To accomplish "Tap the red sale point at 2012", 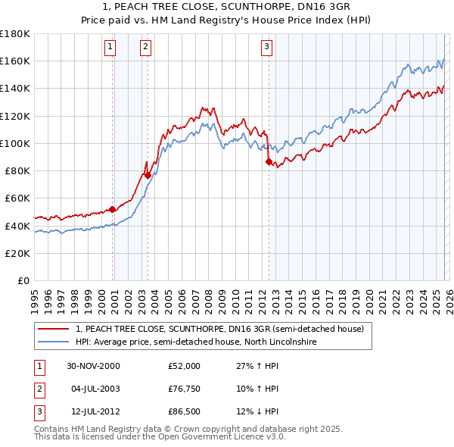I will [269, 161].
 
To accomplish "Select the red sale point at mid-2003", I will [148, 175].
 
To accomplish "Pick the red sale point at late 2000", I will [113, 209].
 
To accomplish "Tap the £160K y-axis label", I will [15, 61].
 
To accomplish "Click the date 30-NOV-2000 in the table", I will [93, 366].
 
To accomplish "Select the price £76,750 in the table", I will [185, 389].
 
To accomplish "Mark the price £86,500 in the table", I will [185, 413].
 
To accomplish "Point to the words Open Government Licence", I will [225, 437].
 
